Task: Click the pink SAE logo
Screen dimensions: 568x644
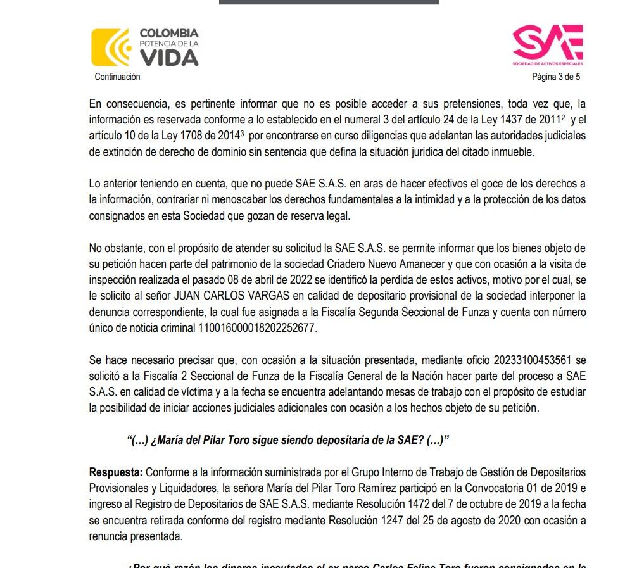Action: (x=547, y=43)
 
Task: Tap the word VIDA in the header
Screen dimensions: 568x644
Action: (x=168, y=58)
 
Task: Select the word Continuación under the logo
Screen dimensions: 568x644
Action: (x=117, y=77)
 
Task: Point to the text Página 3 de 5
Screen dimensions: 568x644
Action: (x=555, y=77)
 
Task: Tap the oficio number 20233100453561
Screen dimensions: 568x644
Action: (x=540, y=360)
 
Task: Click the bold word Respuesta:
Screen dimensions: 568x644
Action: (x=116, y=472)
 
